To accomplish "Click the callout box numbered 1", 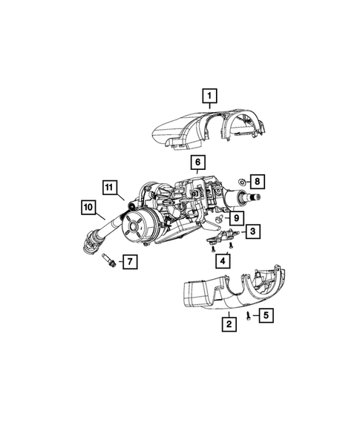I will tap(210, 95).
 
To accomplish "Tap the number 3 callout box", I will tap(252, 232).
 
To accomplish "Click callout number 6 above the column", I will tap(199, 162).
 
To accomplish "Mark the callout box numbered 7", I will tap(128, 261).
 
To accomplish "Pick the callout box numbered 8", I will tap(257, 180).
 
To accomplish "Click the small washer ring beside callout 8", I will tap(242, 181).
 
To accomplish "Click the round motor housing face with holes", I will tap(138, 226).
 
